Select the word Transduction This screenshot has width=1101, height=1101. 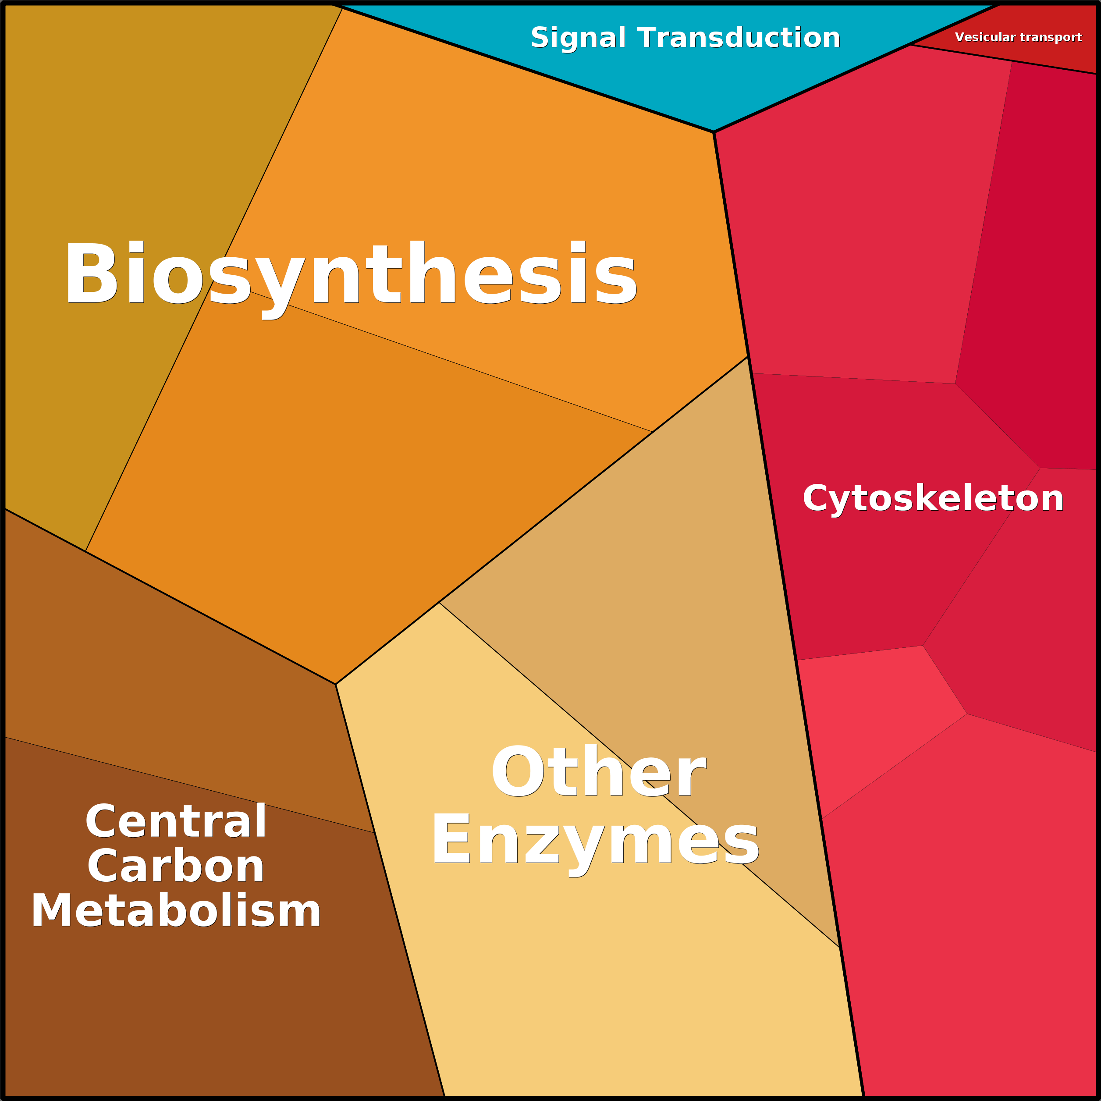(x=739, y=38)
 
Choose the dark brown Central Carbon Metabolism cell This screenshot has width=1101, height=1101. (x=199, y=997)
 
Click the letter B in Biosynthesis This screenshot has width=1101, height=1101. (x=91, y=273)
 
